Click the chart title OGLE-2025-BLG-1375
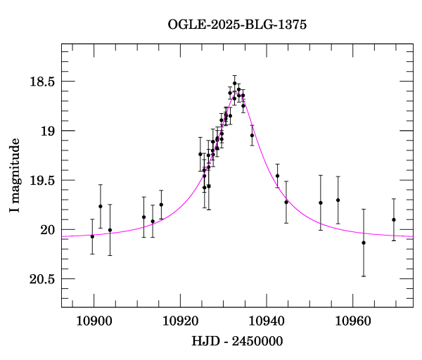pos(237,25)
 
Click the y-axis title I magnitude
pos(15,176)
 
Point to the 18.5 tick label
pos(41,82)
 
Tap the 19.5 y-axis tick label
pos(41,181)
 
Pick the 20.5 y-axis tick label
pos(41,279)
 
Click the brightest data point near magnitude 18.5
pos(235,83)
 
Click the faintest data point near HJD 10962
pos(364,243)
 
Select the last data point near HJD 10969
pos(394,219)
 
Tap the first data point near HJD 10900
pos(92,236)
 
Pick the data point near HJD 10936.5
pos(252,135)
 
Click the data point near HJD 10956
pos(338,200)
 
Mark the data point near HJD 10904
pos(110,230)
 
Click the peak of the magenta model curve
pos(239,95)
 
